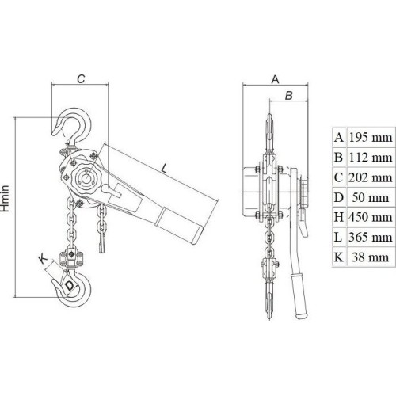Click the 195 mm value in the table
[x=371, y=138]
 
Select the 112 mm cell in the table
[x=371, y=158]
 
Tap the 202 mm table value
[x=371, y=177]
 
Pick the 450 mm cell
[x=371, y=217]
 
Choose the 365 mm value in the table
[x=371, y=237]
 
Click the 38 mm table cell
[x=371, y=257]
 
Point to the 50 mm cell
[x=371, y=197]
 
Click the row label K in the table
[x=338, y=257]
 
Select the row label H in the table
[x=339, y=217]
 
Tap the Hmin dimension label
[x=6, y=198]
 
